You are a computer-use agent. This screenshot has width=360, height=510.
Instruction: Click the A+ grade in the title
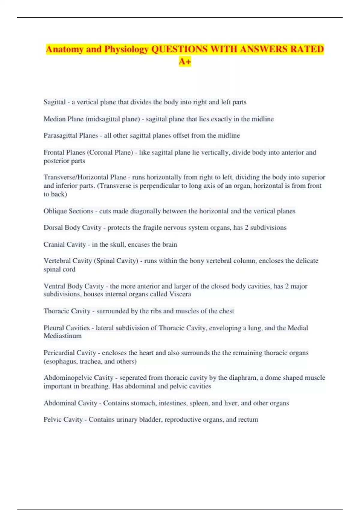click(185, 61)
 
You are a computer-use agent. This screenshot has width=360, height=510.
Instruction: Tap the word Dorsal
click(53, 227)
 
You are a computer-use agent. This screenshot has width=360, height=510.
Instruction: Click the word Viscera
click(180, 294)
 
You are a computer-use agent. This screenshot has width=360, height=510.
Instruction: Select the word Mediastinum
click(62, 336)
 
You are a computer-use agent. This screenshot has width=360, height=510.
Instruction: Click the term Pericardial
click(59, 353)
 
